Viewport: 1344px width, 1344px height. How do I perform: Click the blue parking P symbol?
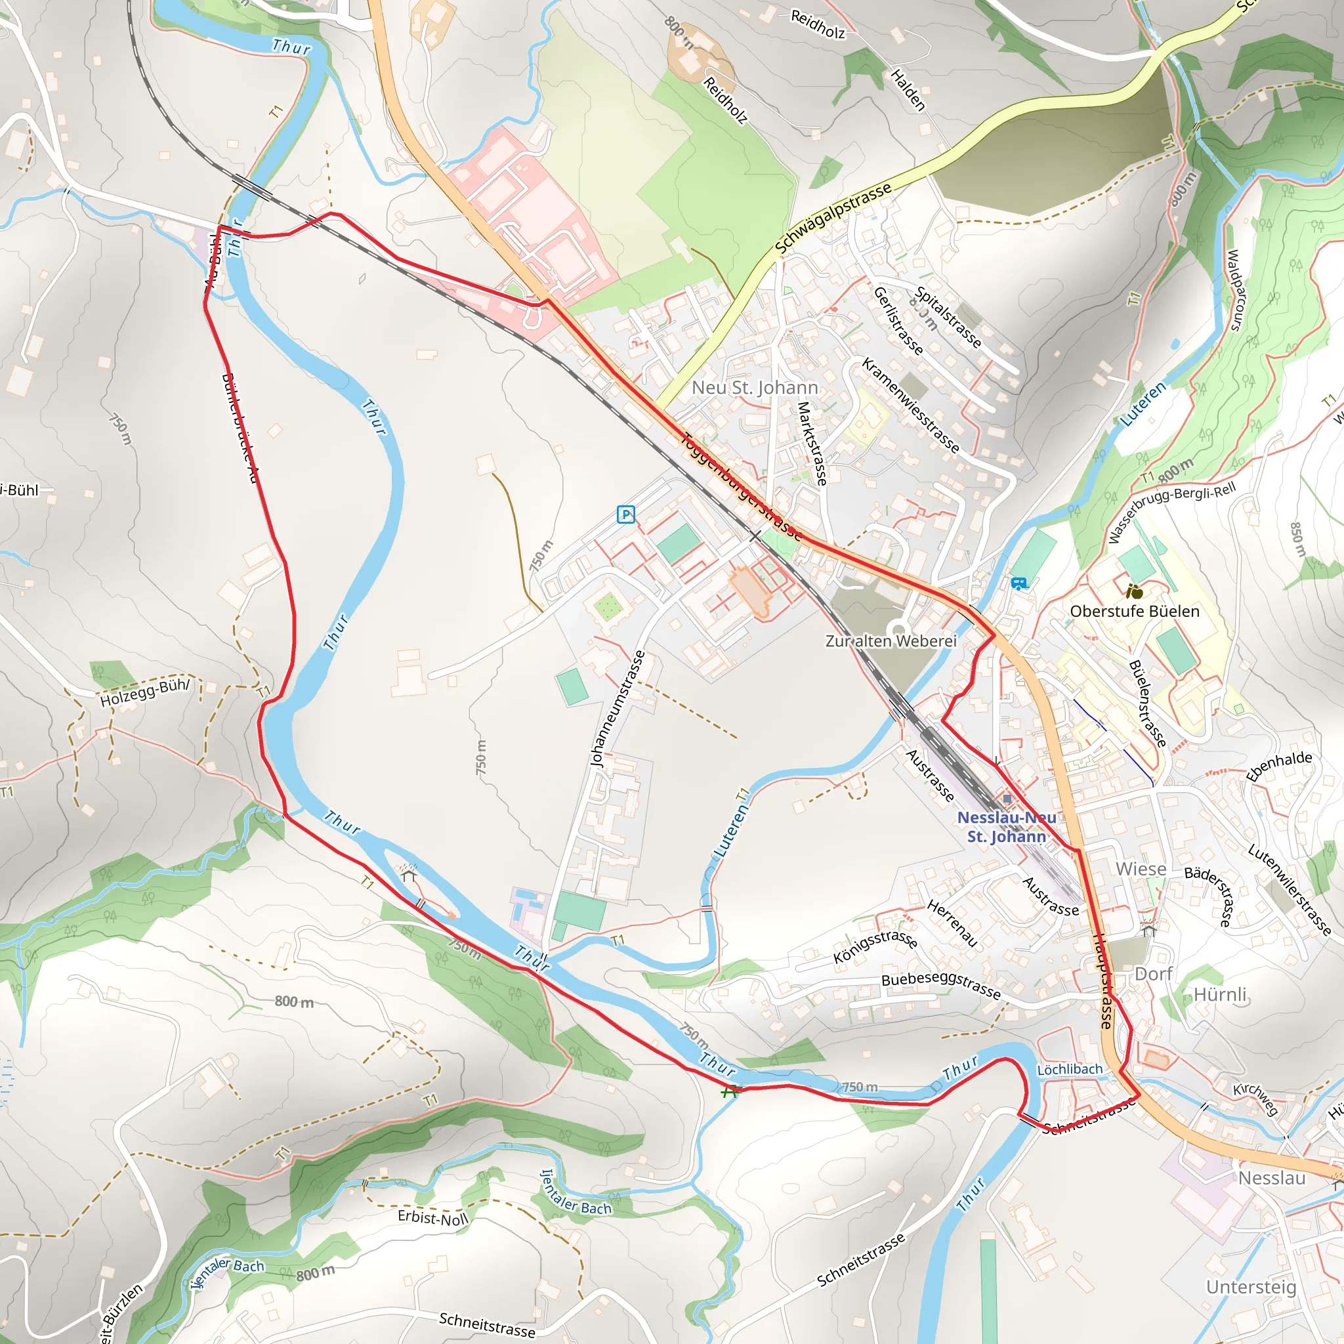coord(625,514)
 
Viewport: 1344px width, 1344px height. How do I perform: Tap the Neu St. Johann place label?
coord(755,387)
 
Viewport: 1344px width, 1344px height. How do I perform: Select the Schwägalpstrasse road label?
coord(833,219)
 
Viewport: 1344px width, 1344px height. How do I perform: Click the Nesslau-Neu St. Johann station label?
coord(1006,826)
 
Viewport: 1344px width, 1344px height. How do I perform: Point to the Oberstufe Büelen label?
coord(1135,612)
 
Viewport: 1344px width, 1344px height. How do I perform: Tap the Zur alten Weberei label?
coord(891,640)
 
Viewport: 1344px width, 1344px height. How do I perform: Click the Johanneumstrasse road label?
coord(617,709)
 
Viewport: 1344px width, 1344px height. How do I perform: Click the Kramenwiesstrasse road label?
coord(911,405)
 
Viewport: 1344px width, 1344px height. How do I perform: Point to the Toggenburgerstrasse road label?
coord(742,486)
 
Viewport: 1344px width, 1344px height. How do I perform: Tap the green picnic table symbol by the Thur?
coord(729,1091)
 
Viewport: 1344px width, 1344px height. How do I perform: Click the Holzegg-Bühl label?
coord(144,692)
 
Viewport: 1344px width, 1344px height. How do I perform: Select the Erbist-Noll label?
coord(432,1217)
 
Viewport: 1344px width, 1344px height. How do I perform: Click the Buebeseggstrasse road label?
coord(940,985)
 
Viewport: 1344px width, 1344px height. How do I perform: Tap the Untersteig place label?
coord(1251,1287)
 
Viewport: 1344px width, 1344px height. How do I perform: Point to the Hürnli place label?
coord(1221,994)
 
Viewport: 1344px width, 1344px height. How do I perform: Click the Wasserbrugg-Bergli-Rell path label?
coord(1171,512)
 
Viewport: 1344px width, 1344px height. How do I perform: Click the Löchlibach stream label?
coord(1069,1068)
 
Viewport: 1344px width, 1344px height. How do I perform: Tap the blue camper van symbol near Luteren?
coord(1018,583)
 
